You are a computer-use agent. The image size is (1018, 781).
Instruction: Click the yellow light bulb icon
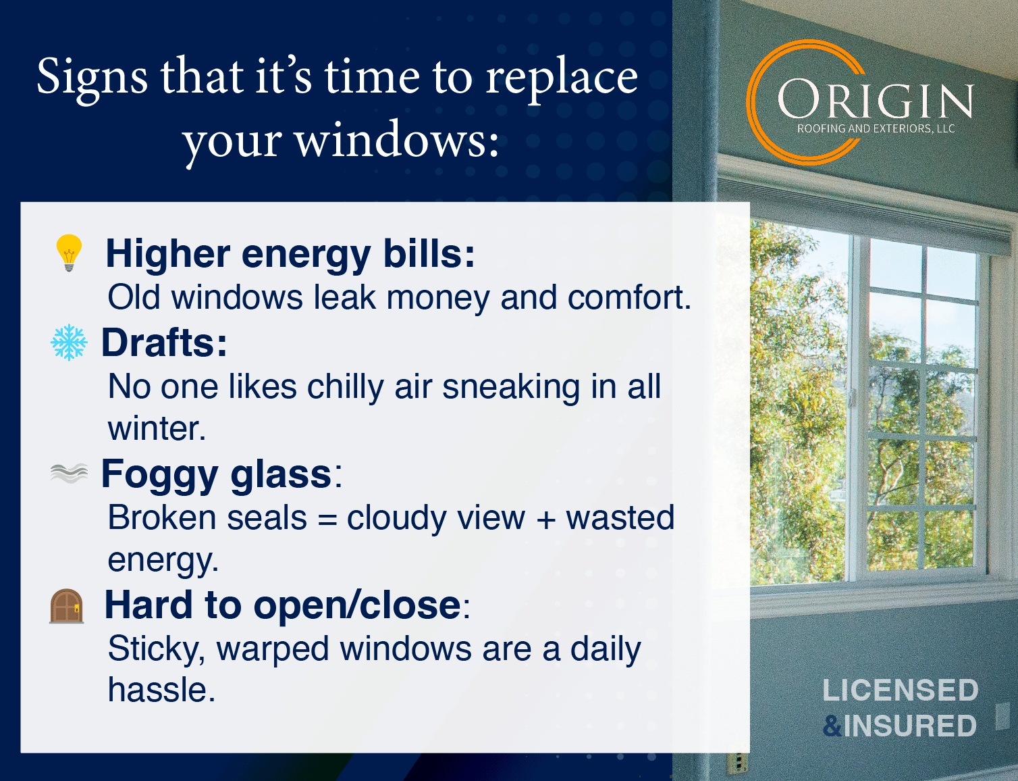click(69, 253)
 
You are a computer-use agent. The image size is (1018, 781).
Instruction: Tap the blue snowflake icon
click(69, 343)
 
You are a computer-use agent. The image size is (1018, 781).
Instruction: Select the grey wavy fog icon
click(69, 473)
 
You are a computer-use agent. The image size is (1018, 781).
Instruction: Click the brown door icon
click(67, 606)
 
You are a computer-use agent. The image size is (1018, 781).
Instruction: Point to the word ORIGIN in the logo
click(875, 99)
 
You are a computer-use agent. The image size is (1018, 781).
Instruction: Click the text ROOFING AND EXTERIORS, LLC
click(876, 128)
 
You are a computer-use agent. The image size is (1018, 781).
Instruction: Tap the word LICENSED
click(901, 690)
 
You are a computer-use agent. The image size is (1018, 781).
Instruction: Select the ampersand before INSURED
click(832, 726)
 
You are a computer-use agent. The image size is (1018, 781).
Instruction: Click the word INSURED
click(910, 726)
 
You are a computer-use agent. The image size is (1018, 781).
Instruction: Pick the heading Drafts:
click(165, 343)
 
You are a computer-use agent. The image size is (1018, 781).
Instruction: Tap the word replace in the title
click(562, 79)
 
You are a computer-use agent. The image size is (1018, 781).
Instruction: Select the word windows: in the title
click(397, 139)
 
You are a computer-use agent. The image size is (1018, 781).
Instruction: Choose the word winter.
click(157, 428)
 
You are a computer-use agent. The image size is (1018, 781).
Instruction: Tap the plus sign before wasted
click(545, 520)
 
